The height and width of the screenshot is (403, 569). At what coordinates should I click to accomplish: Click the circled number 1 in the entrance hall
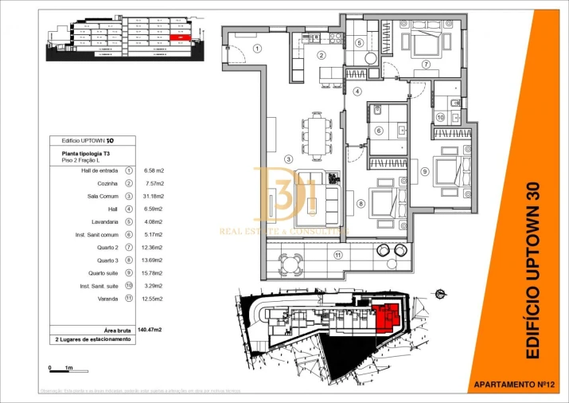click(257, 48)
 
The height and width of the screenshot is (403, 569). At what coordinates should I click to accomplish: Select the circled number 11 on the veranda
click(337, 255)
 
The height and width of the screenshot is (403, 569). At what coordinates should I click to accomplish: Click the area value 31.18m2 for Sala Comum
click(154, 196)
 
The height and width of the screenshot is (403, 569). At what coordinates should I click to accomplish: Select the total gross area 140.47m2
click(150, 329)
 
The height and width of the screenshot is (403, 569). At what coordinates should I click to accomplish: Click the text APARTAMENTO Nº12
click(513, 384)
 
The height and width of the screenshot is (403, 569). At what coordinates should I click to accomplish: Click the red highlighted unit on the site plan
click(388, 316)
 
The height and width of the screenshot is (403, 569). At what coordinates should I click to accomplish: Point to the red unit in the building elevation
click(181, 37)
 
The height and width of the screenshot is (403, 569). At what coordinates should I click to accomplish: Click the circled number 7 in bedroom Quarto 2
click(426, 65)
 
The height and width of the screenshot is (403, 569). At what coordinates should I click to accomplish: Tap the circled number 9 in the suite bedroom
click(425, 170)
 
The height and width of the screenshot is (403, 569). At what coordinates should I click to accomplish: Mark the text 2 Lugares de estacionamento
click(92, 339)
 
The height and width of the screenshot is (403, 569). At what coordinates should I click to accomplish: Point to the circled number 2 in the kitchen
click(321, 55)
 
